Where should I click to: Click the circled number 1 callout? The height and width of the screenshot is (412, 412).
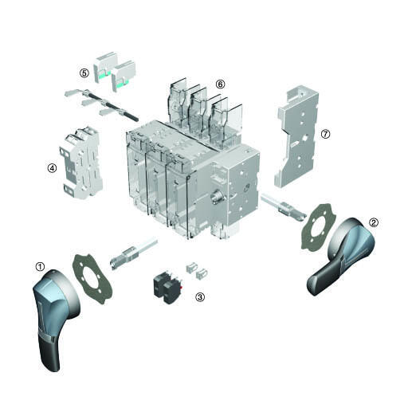pyautogui.click(x=40, y=267)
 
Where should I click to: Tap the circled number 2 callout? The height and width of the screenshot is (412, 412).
pyautogui.click(x=374, y=222)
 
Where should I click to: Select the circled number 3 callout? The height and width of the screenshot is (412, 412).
pyautogui.click(x=200, y=297)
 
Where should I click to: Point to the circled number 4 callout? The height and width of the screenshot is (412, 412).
pyautogui.click(x=52, y=168)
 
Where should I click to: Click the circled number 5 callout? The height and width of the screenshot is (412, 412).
pyautogui.click(x=84, y=73)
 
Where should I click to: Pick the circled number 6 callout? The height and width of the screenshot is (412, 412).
pyautogui.click(x=220, y=84)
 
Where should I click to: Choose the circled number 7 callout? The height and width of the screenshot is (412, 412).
pyautogui.click(x=325, y=134)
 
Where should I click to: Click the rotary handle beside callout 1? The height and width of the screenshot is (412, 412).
pyautogui.click(x=54, y=316)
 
